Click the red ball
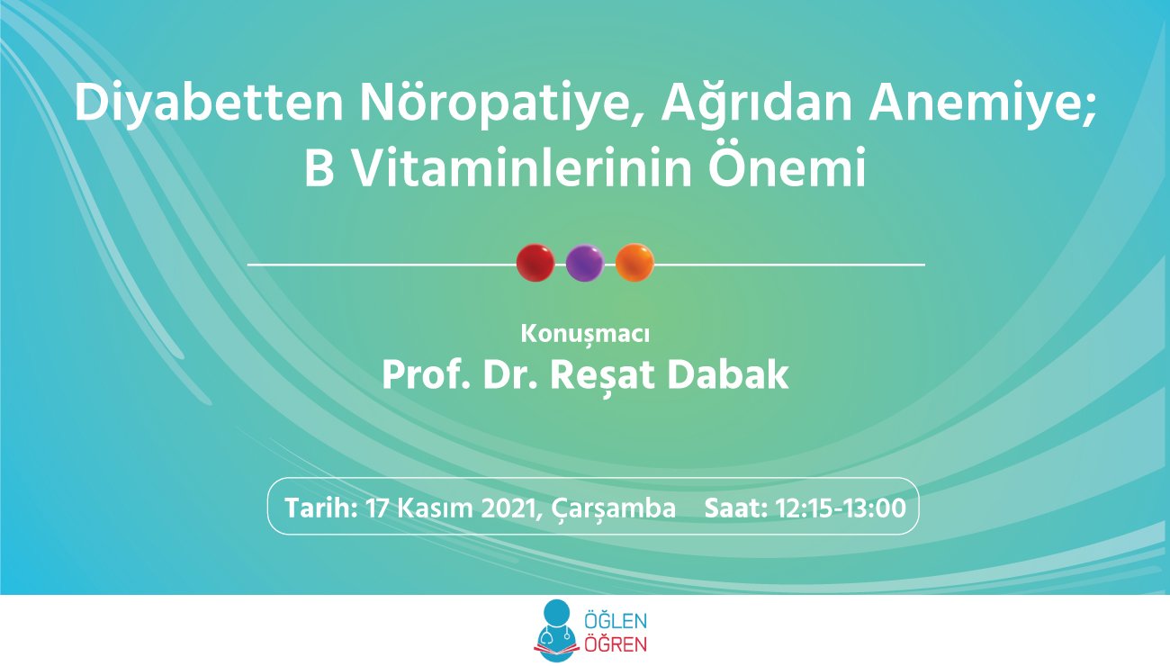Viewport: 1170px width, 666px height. coord(535,264)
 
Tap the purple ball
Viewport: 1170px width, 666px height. coord(584,264)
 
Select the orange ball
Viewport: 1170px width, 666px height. coord(634,264)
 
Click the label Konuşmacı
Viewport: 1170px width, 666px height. coord(585,334)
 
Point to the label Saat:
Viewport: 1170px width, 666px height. coord(734,508)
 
